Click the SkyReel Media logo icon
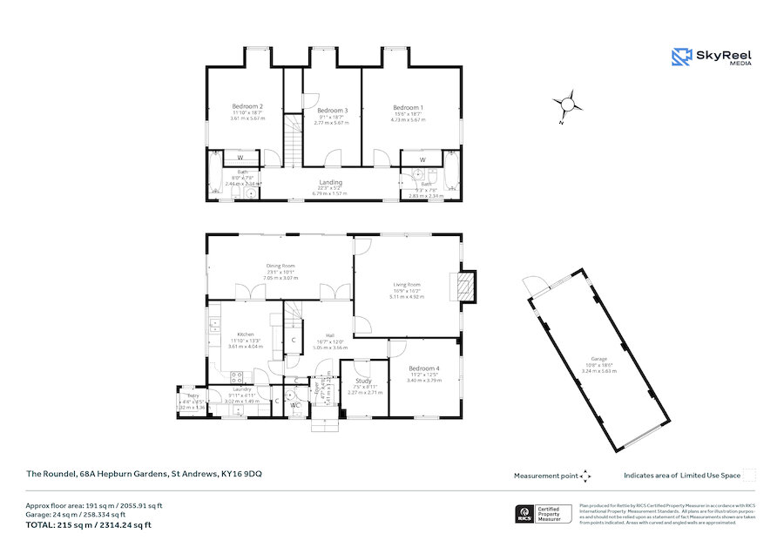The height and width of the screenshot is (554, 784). pos(681,57)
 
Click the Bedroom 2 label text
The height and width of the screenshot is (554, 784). pos(247,107)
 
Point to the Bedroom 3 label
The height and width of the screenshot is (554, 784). pos(332,111)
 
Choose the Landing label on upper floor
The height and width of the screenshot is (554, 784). pos(330,182)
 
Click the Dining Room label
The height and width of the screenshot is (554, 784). pos(280,266)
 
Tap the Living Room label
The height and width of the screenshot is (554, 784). pos(406,285)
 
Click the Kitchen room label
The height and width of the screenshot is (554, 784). pos(245,334)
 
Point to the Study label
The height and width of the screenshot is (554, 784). pos(364,381)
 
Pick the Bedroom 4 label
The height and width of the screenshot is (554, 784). pos(424,368)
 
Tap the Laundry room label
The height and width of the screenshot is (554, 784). pos(239,389)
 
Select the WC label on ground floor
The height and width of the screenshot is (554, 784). pos(295,405)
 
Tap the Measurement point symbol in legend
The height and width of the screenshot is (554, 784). pos(585,476)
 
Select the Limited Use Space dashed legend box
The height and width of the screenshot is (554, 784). pos(748,475)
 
